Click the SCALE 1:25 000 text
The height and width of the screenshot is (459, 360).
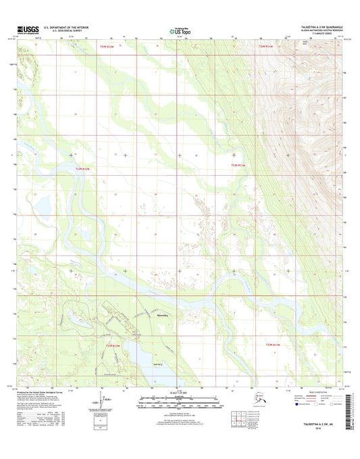(178, 394)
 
